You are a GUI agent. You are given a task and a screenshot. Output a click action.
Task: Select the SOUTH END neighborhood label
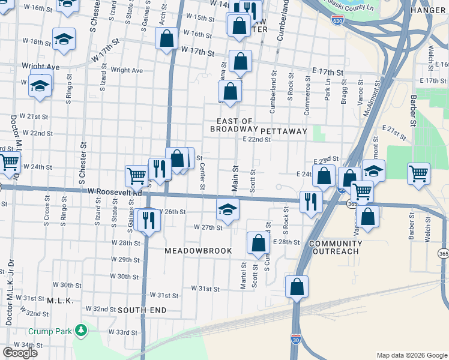pos(142,310)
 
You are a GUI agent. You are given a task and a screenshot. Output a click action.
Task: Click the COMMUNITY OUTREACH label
pos(336,248)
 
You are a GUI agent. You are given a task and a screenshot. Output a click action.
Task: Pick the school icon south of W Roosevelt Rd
pos(228,209)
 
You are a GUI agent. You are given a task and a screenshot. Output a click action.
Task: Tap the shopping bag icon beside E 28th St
pos(258,243)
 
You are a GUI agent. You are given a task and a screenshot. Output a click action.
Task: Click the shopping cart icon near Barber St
pos(419,173)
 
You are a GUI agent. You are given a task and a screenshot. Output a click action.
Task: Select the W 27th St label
pos(208,227)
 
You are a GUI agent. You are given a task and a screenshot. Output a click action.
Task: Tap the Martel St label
pos(244,275)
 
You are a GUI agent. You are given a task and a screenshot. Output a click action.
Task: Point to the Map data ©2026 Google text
pos(411,355)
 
